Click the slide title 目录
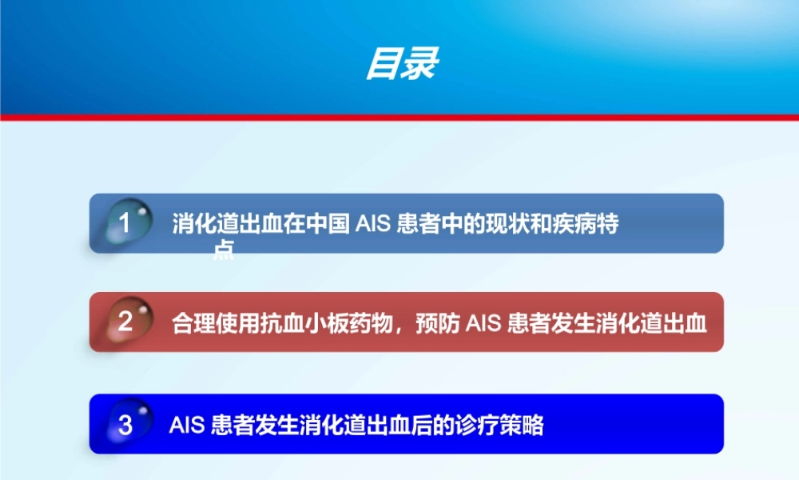[x=402, y=64]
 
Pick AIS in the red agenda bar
[x=483, y=323]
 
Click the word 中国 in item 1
[x=328, y=224]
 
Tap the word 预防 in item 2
[x=439, y=323]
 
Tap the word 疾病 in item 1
[x=574, y=224]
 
